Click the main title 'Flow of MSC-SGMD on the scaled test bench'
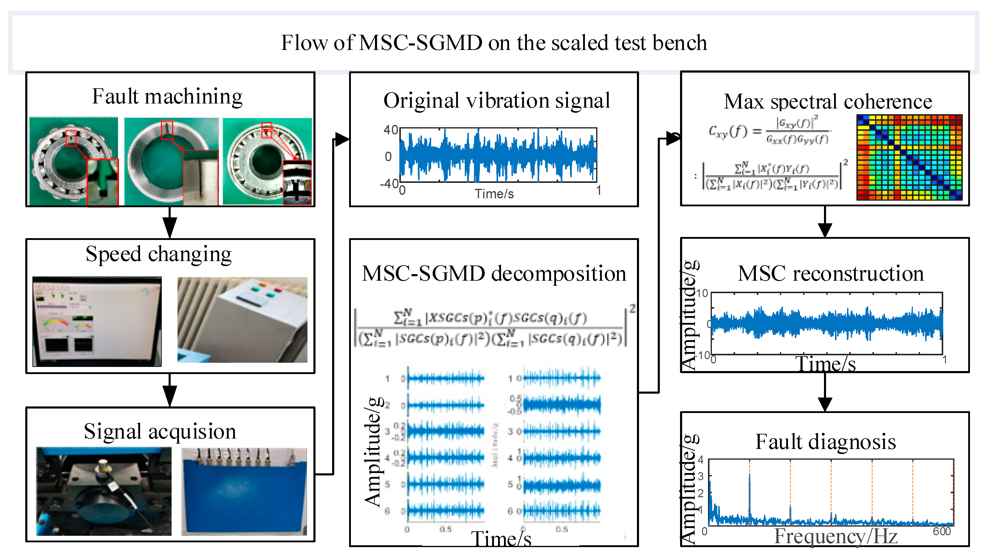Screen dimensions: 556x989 click(x=494, y=42)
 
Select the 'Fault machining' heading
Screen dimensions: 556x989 click(x=167, y=96)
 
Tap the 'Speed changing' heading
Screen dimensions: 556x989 click(x=158, y=254)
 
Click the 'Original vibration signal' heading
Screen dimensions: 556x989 click(x=496, y=100)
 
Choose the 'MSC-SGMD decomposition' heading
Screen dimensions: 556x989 click(x=494, y=274)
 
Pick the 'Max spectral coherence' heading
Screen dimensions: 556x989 click(x=828, y=101)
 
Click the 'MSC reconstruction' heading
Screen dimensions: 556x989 click(x=831, y=274)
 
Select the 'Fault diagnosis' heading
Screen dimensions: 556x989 click(x=825, y=442)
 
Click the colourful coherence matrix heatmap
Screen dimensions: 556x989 click(x=909, y=157)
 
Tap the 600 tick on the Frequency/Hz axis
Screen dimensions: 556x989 click(x=941, y=531)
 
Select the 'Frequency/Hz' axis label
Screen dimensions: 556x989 click(x=836, y=536)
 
